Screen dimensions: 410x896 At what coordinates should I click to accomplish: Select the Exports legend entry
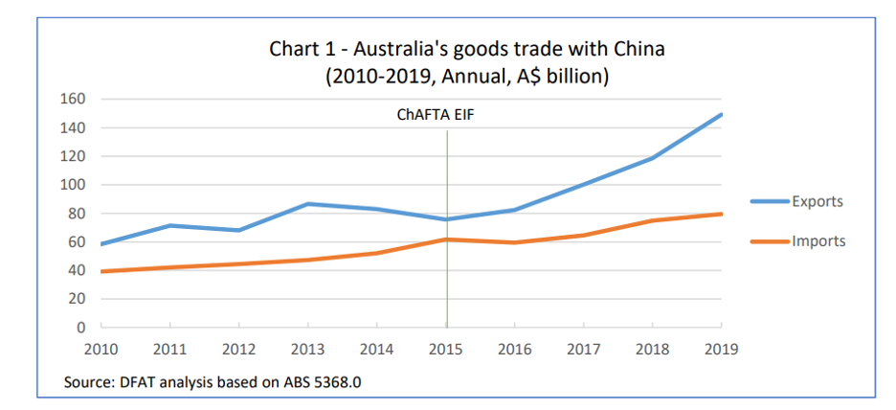[817, 201]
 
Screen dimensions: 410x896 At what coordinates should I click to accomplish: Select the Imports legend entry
[818, 240]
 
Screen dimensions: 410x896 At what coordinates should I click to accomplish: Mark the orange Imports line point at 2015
[447, 239]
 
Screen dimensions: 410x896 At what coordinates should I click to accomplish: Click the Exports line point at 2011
[170, 225]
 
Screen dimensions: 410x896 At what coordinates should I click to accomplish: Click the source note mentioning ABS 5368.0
[217, 382]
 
